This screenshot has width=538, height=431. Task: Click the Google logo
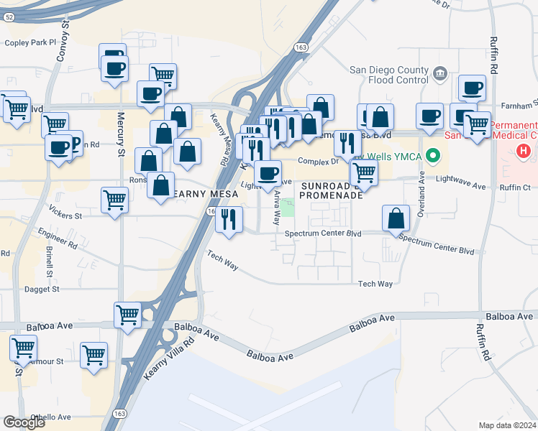pos(24,422)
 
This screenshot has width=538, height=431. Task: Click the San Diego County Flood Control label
pos(389,75)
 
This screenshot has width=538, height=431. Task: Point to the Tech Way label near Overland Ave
pos(375,284)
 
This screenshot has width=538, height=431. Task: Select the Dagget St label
pos(41,289)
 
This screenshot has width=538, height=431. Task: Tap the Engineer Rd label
pos(58,240)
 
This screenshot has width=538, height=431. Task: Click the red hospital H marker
pos(524,152)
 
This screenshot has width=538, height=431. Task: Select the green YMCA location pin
pos(432,155)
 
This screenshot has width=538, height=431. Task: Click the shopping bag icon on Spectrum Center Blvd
pos(396,217)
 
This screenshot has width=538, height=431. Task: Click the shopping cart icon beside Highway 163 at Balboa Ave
pos(127,314)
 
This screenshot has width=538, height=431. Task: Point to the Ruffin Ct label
pos(516,187)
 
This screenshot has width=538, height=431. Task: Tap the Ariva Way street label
pos(276,208)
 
